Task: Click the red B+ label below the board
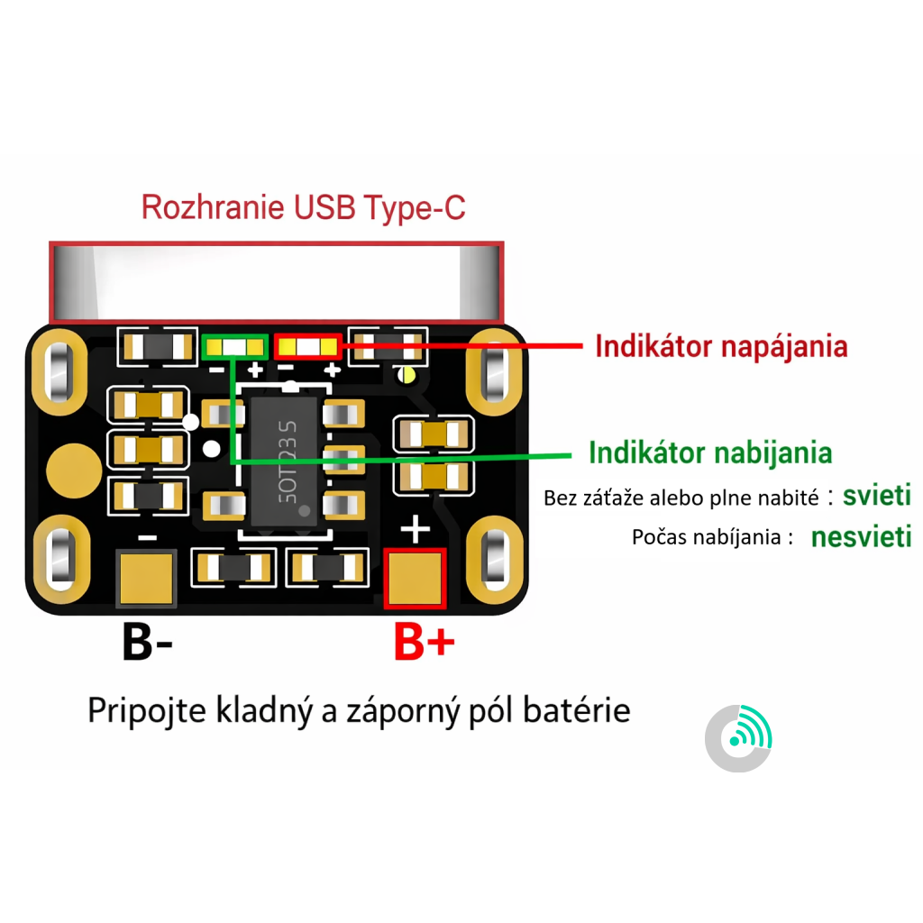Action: (x=424, y=643)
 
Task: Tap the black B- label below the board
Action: (x=147, y=643)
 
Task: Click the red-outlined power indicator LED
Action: (x=308, y=345)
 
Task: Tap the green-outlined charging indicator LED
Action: (x=235, y=345)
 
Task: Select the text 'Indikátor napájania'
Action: (x=721, y=346)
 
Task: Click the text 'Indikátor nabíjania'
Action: (x=709, y=452)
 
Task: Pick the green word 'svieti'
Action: (x=876, y=495)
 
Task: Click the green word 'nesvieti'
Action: (x=861, y=538)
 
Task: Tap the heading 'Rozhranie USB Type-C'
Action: (x=304, y=208)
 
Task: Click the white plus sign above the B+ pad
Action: (x=415, y=529)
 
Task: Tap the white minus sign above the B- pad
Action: (x=147, y=536)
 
